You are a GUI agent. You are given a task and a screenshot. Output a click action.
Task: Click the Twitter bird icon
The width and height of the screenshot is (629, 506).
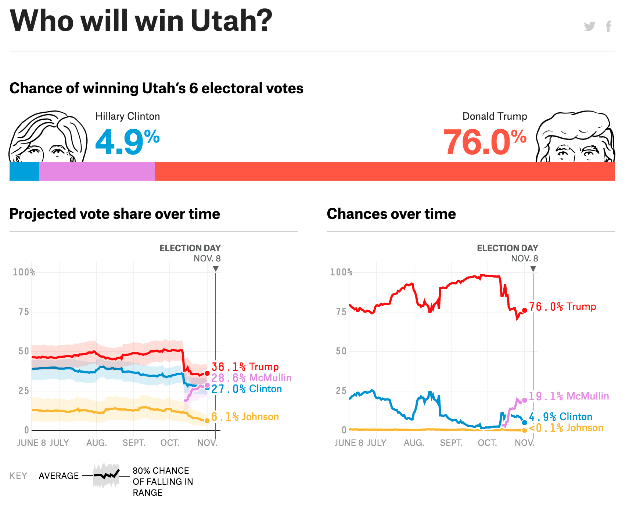589,26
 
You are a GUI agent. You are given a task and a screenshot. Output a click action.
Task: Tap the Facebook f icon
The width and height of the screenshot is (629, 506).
609,26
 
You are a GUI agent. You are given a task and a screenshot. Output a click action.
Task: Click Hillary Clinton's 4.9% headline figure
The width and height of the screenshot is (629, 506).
127,142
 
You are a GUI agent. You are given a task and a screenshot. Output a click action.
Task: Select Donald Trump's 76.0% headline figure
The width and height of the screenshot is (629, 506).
485,142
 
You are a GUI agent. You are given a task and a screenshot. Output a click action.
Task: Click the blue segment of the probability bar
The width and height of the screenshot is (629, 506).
24,171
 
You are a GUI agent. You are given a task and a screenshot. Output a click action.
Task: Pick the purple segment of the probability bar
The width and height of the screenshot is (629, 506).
97,171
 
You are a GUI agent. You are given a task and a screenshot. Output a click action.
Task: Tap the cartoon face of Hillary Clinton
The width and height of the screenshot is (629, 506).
48,138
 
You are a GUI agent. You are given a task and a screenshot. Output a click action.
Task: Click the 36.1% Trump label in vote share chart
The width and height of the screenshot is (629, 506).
245,366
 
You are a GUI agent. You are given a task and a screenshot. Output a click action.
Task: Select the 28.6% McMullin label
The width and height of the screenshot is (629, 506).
252,377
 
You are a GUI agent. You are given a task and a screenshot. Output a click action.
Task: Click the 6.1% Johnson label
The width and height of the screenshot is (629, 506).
245,417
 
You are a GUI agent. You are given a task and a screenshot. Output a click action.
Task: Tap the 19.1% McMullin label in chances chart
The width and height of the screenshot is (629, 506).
569,396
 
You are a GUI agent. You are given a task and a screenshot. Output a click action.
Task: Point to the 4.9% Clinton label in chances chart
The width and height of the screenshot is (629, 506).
561,417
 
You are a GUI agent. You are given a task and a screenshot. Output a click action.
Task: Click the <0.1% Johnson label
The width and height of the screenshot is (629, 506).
566,428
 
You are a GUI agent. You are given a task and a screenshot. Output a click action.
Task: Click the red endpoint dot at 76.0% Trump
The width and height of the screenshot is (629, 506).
525,310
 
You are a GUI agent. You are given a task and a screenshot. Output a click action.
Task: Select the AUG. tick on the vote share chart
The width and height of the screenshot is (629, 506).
97,443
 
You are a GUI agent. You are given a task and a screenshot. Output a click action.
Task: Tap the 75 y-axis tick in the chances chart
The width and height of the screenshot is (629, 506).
341,312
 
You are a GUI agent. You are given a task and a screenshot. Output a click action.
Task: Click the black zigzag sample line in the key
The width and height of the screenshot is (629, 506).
107,475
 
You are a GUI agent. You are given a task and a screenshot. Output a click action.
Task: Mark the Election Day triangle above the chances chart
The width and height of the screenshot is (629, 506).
533,269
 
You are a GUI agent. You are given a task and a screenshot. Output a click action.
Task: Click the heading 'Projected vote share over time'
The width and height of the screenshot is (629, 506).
115,214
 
